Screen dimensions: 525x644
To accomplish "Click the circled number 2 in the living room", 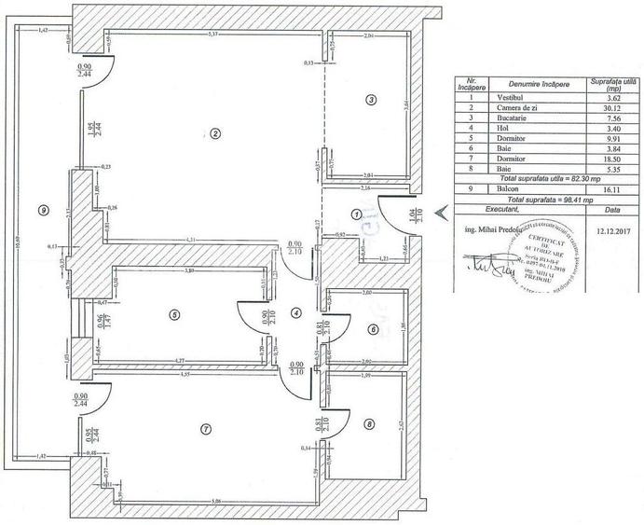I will (215, 133).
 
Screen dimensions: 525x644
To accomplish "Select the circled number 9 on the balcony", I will (43, 210).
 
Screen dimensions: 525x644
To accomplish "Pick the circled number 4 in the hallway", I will (295, 313).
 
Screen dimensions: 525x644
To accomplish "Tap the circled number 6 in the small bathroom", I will (373, 328).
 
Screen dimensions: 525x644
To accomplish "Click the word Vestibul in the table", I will (512, 97).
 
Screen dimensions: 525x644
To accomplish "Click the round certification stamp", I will (537, 256).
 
